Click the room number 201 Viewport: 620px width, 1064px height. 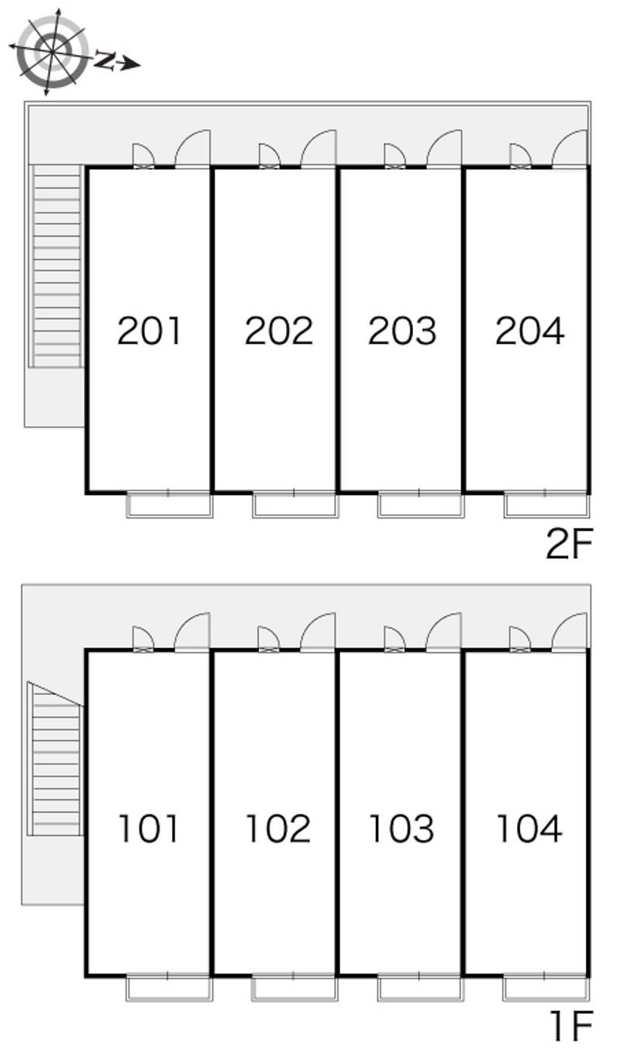click(x=149, y=330)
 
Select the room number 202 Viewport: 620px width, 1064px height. click(x=279, y=330)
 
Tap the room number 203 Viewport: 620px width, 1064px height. click(x=402, y=330)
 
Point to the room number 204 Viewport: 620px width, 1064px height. click(x=530, y=330)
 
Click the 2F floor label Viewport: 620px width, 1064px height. click(x=570, y=544)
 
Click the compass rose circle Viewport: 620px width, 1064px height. click(x=52, y=52)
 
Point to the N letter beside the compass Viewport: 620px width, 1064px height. click(x=105, y=60)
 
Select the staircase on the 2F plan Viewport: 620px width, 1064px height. click(x=56, y=266)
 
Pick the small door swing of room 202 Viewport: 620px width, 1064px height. click(x=269, y=155)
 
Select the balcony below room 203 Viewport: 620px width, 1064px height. click(x=421, y=505)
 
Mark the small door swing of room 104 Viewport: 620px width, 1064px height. click(x=520, y=639)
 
